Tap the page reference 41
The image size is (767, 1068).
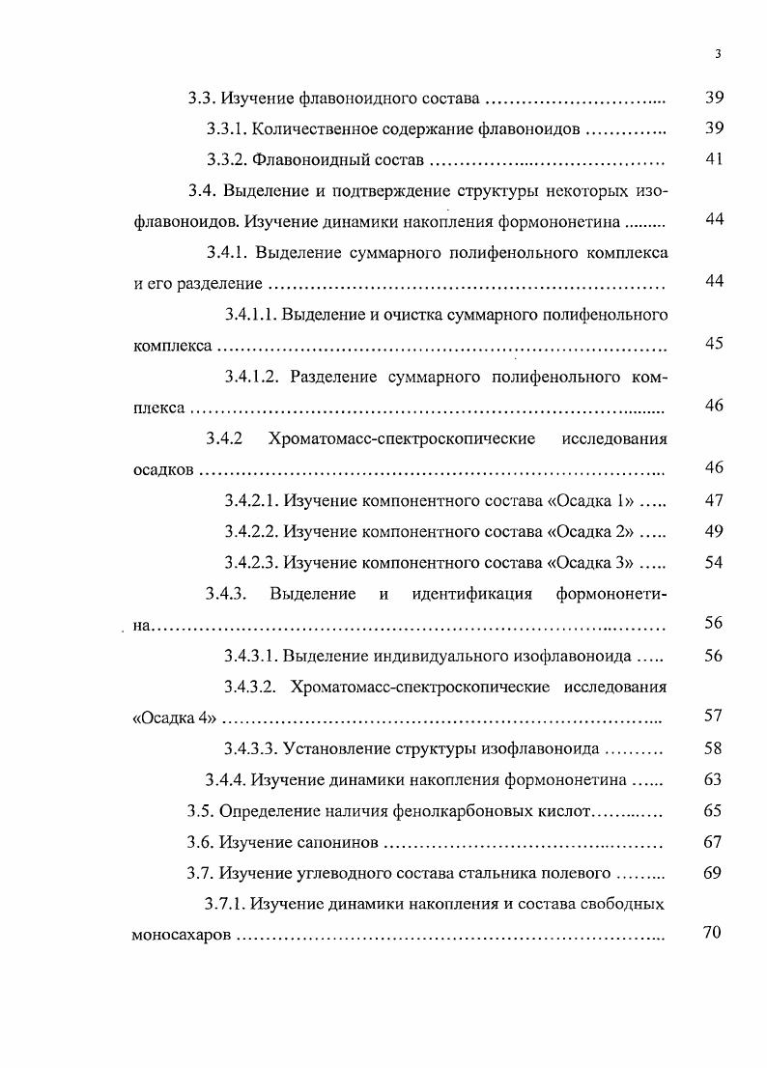(714, 159)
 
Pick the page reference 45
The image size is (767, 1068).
(714, 345)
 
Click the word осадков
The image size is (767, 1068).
(163, 470)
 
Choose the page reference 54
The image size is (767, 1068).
(714, 562)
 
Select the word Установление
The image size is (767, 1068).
(340, 748)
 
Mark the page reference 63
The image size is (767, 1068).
(714, 779)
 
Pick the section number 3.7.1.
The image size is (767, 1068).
(228, 905)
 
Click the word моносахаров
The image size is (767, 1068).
(181, 936)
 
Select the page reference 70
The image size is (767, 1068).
(714, 936)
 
